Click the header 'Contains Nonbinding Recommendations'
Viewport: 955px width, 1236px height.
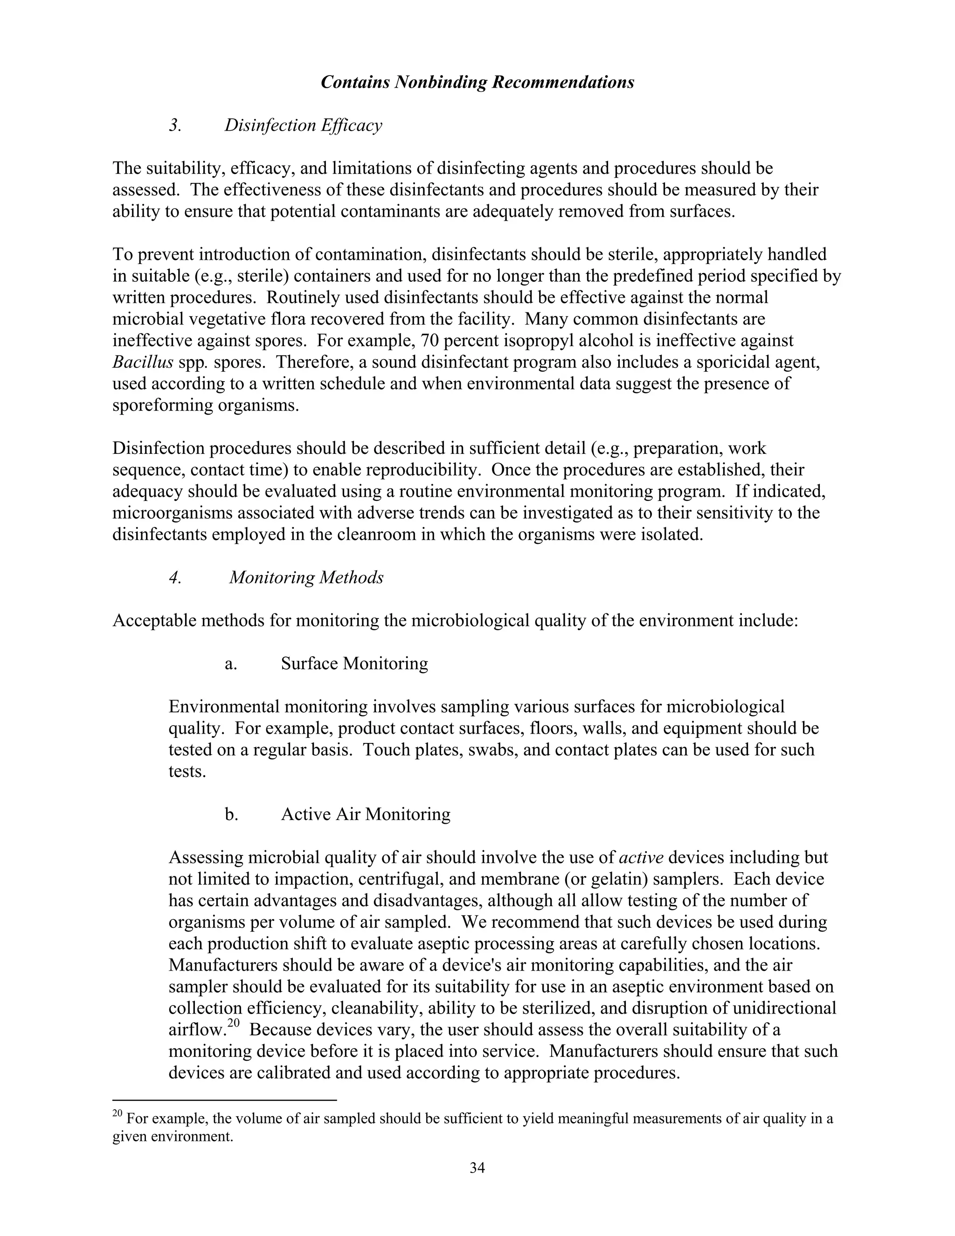pos(477,83)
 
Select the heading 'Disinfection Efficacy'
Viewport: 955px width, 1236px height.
pos(303,125)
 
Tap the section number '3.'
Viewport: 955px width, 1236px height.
pos(175,125)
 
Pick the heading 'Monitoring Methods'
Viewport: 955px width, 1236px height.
pos(306,578)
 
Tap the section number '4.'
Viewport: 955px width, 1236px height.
pos(175,578)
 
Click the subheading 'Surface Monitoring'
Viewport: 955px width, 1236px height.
pos(354,663)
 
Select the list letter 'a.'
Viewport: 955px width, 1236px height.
pos(231,663)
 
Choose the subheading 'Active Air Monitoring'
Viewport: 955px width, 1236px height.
pos(366,814)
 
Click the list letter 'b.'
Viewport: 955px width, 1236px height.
pos(231,814)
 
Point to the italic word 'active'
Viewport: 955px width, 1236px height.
pos(641,857)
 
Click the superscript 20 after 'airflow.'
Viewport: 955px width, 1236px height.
pos(234,1023)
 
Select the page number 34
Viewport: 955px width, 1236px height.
pos(477,1167)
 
